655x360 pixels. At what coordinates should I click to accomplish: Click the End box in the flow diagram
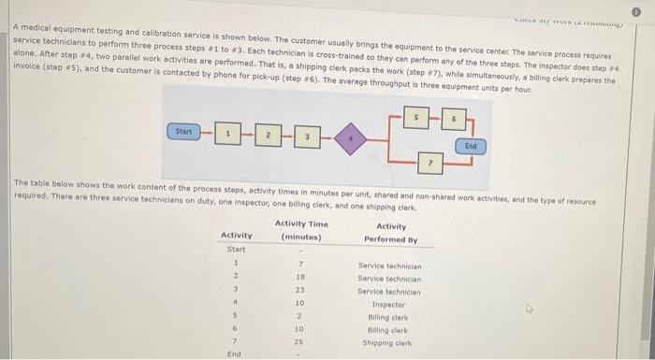tap(470, 145)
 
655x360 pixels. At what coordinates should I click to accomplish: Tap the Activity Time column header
tap(301, 230)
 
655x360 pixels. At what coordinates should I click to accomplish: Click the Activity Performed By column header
tap(390, 232)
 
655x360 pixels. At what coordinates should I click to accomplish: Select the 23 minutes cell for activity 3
tap(300, 291)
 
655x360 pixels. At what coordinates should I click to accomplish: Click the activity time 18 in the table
tap(300, 278)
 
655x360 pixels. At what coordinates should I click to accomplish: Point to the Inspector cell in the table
tap(389, 303)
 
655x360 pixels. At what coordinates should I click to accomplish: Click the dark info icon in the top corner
tap(643, 8)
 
